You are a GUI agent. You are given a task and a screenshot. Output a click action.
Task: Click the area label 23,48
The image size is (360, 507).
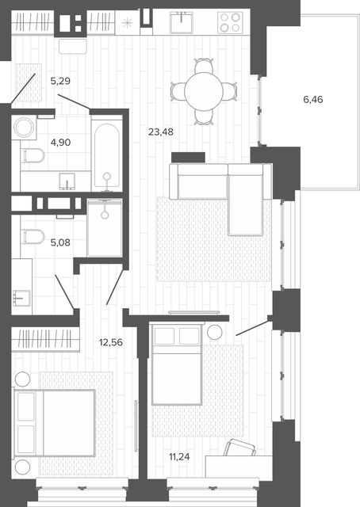[161, 132]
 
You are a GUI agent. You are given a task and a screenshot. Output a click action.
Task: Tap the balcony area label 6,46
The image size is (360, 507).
[313, 99]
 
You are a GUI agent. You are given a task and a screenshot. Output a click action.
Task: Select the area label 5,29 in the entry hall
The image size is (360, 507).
[60, 81]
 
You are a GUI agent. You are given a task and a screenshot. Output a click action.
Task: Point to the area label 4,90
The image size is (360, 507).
[60, 142]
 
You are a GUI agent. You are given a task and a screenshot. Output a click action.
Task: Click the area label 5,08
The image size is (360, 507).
[60, 242]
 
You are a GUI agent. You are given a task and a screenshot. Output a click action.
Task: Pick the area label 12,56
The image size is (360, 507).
[111, 342]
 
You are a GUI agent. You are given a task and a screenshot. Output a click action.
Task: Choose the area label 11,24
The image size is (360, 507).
[179, 456]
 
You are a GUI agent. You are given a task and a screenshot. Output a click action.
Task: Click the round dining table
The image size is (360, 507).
[204, 92]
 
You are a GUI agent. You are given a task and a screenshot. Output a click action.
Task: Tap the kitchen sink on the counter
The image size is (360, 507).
[182, 22]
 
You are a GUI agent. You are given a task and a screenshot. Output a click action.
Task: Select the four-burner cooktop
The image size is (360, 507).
[230, 22]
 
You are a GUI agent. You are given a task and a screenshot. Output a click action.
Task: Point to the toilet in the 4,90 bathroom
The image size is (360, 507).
[33, 156]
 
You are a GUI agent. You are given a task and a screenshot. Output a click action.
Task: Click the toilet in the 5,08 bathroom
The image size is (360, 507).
[33, 236]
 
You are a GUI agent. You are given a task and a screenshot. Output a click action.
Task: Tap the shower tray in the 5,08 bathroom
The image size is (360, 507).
[105, 228]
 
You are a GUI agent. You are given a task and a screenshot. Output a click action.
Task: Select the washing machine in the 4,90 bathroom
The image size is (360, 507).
[24, 128]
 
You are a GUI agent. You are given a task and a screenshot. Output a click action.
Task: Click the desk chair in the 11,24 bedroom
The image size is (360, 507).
[239, 448]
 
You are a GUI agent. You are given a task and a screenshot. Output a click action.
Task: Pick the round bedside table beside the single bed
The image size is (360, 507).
[214, 332]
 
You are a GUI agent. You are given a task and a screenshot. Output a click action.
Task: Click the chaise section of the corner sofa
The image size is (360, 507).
[245, 200]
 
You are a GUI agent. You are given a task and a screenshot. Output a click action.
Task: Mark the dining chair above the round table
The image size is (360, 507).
[204, 66]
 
